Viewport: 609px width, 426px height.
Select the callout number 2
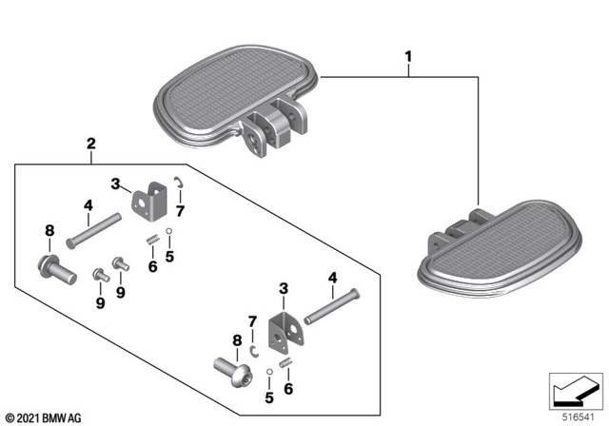coord(90,145)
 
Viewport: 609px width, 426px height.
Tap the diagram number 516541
coord(574,416)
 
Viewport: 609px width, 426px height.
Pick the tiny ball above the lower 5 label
coord(270,369)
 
